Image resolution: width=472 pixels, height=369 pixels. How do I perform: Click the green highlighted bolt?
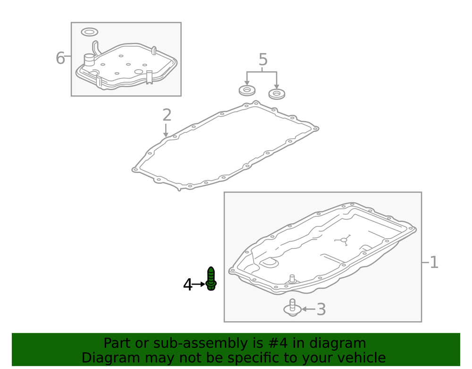click(211, 279)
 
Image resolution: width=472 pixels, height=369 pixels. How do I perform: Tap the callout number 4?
click(187, 285)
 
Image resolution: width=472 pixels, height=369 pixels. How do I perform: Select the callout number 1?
click(434, 262)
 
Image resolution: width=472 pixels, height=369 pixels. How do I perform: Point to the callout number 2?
click(167, 115)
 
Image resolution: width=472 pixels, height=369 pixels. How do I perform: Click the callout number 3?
click(321, 309)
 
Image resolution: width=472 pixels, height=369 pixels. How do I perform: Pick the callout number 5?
click(263, 60)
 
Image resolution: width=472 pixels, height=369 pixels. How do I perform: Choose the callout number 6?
click(60, 58)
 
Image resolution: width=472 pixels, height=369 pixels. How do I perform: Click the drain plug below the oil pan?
click(292, 308)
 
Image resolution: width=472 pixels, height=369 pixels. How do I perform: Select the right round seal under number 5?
click(277, 94)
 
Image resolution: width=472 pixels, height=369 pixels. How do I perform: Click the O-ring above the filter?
click(89, 32)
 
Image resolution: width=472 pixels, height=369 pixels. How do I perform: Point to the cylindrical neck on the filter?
click(89, 60)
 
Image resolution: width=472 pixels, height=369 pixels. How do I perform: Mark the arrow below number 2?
click(166, 130)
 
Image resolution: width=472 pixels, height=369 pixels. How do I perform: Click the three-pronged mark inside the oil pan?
click(344, 240)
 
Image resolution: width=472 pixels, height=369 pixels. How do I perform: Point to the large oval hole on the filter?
click(138, 72)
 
